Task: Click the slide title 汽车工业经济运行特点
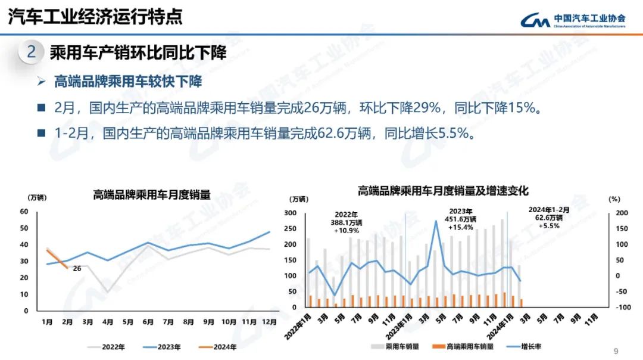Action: point(95,17)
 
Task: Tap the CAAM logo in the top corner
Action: point(572,20)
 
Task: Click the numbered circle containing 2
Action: point(32,52)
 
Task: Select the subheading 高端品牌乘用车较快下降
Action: point(128,82)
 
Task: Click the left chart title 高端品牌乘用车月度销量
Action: point(151,195)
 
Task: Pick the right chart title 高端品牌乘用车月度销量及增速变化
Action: point(443,191)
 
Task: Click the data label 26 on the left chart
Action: point(77,268)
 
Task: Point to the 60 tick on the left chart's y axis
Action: point(24,212)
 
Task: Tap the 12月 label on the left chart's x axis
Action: point(269,322)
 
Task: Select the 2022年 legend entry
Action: point(111,347)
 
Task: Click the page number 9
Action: point(616,350)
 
